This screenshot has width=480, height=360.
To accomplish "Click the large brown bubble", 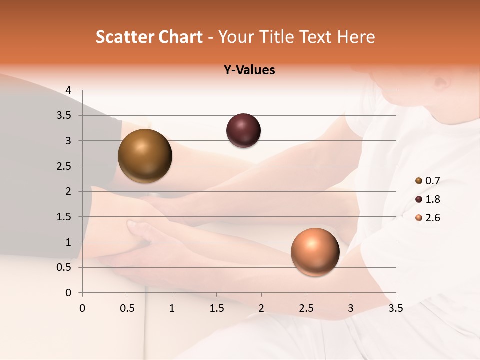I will point(145,156).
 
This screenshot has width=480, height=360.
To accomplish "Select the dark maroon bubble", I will point(243,130).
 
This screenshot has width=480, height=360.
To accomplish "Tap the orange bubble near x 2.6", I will point(315,252).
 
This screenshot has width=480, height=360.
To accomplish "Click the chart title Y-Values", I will point(249,70).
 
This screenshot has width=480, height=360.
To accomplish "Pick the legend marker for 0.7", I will point(419,181).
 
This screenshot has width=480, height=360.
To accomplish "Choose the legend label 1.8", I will point(432,199).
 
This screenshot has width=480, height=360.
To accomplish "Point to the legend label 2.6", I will point(432,218).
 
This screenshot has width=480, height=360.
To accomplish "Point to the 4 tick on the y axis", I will point(68,90).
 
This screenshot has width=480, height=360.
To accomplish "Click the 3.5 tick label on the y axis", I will point(65,116).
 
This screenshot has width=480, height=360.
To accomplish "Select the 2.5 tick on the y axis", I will point(65,166).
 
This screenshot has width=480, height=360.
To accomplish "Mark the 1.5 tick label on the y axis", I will point(65,217).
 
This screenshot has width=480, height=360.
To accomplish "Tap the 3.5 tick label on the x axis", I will point(395,308).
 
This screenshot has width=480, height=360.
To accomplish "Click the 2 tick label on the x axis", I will point(261,308).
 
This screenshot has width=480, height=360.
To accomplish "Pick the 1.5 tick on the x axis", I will point(216,308).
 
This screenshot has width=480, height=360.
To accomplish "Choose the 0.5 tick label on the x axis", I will point(127,308).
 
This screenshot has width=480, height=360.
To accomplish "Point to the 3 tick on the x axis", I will point(351,308).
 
